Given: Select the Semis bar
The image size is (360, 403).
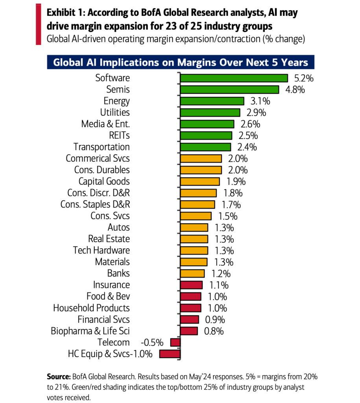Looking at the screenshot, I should (229, 90).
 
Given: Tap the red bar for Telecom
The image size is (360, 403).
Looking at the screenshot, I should (175, 342).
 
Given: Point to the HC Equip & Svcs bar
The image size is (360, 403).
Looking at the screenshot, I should (170, 354).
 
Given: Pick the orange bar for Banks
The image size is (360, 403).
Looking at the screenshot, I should (192, 274).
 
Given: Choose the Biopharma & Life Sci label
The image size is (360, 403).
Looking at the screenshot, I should (90, 331).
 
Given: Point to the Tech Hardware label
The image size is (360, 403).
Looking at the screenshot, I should (102, 250).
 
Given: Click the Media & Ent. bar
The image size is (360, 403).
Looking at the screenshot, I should (207, 124).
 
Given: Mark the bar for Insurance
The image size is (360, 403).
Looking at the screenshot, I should (191, 285).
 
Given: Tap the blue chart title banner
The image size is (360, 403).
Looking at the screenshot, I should (181, 63).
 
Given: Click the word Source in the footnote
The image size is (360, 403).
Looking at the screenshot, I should (58, 377).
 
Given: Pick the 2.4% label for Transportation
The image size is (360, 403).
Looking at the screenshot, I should (247, 147).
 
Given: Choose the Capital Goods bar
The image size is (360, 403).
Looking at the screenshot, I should (200, 181).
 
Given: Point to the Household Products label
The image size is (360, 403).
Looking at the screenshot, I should (91, 308).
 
